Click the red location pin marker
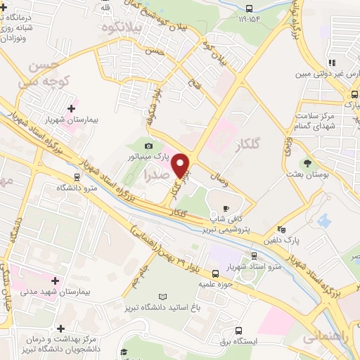(181, 166)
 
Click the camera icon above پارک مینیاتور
(148, 145)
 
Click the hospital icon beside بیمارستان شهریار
(70, 109)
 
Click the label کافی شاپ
(226, 219)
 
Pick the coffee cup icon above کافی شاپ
(226, 208)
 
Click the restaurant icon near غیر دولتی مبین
(331, 65)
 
